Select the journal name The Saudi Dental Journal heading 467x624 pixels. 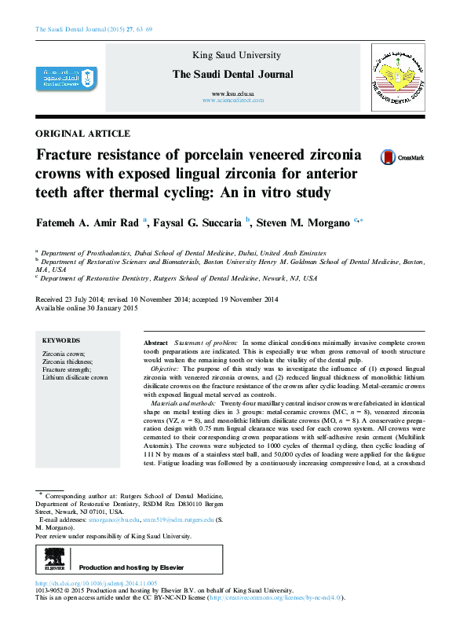click(232, 75)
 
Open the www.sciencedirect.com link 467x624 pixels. click(232, 101)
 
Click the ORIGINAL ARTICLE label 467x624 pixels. click(83, 134)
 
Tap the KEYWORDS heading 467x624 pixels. click(61, 340)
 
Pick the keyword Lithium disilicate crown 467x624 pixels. click(75, 377)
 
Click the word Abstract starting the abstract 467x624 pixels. click(155, 344)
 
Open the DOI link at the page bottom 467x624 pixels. click(97, 584)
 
